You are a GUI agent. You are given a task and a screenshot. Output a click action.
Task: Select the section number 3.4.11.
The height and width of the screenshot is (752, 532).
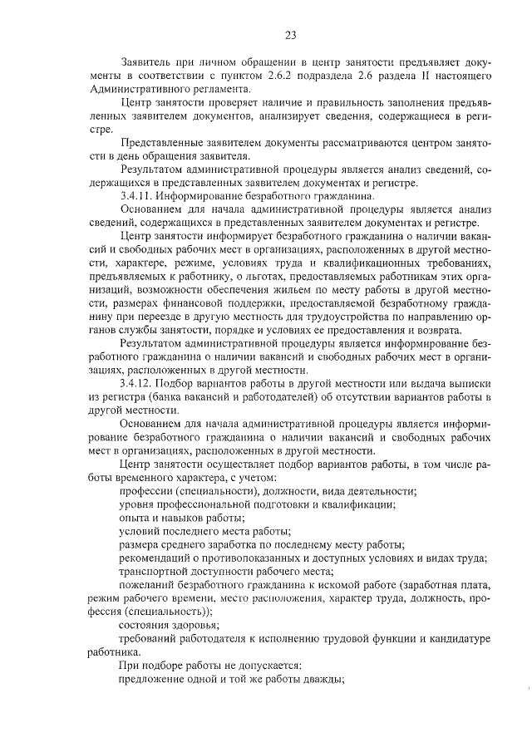(x=136, y=196)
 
